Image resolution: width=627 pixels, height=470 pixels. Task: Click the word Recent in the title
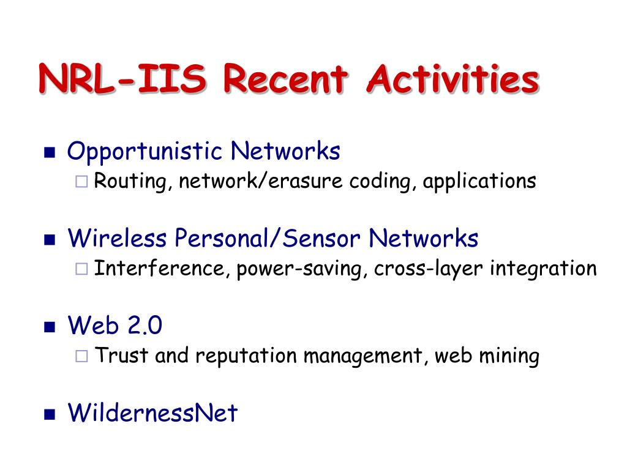pos(285,79)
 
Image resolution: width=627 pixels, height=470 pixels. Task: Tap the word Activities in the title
pos(452,79)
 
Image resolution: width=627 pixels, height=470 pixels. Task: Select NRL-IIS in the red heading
pos(122,79)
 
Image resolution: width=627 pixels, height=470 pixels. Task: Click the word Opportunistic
pos(145,152)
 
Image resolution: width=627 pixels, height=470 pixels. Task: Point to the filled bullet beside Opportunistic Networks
pos(50,152)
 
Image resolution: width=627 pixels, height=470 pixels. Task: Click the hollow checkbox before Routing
pos(81,181)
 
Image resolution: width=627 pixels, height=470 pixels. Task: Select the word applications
pos(479,182)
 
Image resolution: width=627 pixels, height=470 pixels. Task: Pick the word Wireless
pos(117,238)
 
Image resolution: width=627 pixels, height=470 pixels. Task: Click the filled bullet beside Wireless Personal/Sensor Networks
pos(50,239)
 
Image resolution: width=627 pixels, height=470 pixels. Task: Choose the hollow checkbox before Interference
pos(81,269)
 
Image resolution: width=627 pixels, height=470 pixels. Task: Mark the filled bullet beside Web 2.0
pos(50,327)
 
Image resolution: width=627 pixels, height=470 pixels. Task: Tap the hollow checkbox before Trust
pos(81,356)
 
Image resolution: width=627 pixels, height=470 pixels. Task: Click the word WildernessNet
pos(152,412)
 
